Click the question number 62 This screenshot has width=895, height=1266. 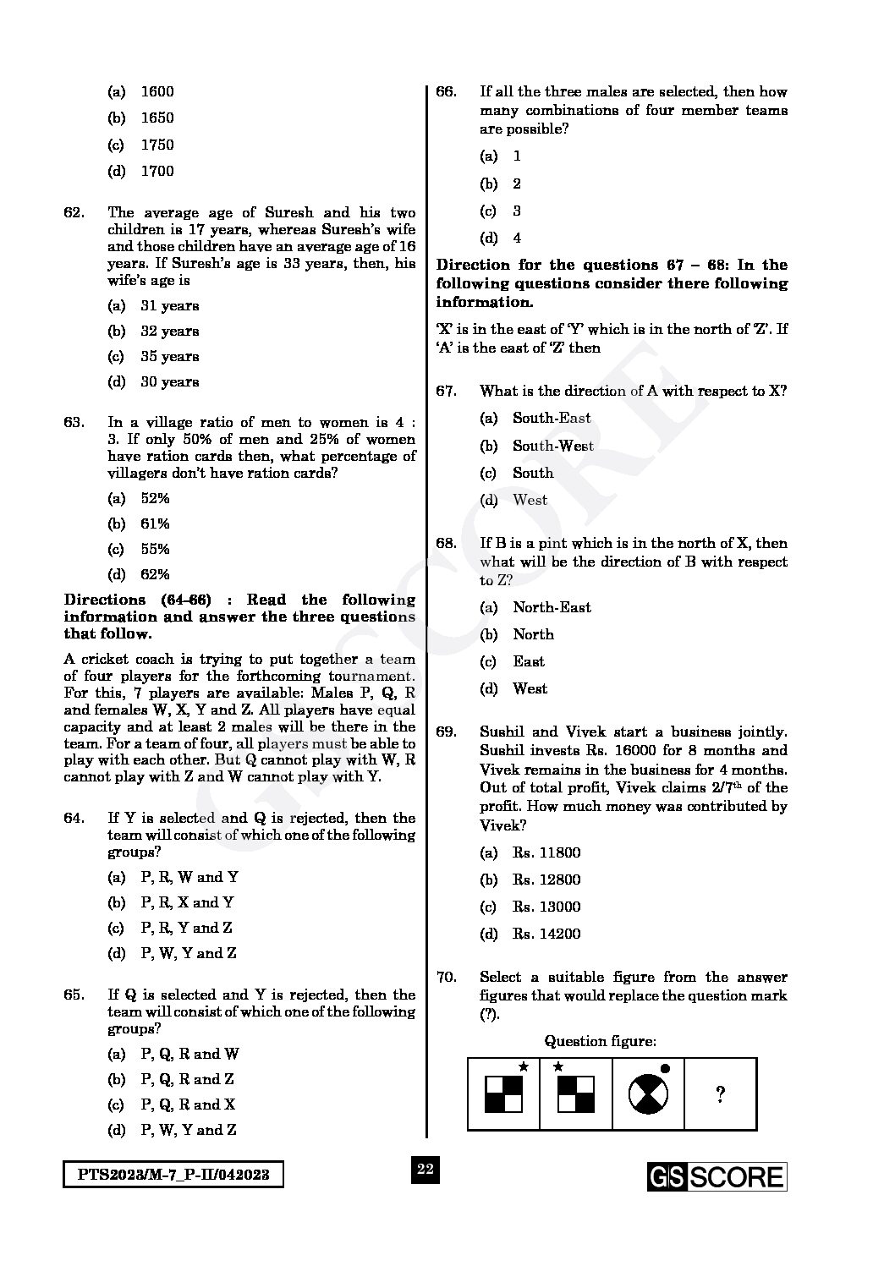(x=74, y=213)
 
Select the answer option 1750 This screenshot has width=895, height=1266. (x=156, y=145)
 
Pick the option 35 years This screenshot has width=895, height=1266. (x=169, y=357)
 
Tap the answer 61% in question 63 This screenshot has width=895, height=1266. (x=155, y=523)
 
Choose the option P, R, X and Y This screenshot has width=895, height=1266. (x=187, y=902)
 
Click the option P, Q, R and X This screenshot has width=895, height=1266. (x=188, y=1104)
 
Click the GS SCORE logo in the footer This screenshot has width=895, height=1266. (x=717, y=1176)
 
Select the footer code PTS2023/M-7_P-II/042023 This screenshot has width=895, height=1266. (x=173, y=1176)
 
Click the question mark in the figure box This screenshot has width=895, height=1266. (x=720, y=1095)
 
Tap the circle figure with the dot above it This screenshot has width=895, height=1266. (x=648, y=1095)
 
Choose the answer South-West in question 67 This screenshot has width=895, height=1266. (x=552, y=446)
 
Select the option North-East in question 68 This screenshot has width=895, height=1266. (x=552, y=607)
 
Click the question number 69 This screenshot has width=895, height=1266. (x=446, y=732)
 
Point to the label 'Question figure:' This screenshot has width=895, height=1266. (x=600, y=1041)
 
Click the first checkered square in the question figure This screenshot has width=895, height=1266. (x=503, y=1094)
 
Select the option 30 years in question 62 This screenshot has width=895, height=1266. (x=169, y=382)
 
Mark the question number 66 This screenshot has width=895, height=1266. (x=446, y=92)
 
